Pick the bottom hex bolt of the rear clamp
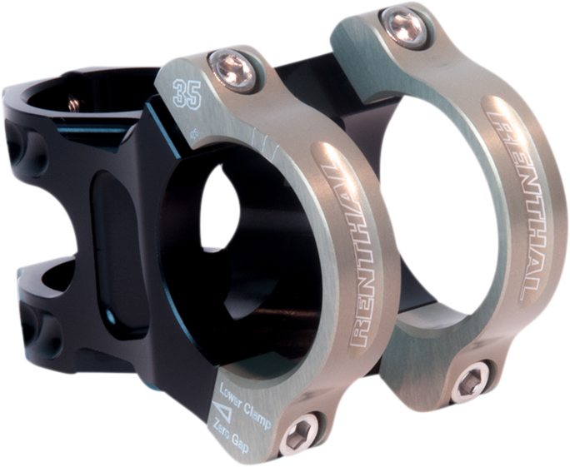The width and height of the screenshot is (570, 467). click(x=471, y=384)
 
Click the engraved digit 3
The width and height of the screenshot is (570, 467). click(x=181, y=94)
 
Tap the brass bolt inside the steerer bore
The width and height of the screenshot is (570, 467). click(x=73, y=103)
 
